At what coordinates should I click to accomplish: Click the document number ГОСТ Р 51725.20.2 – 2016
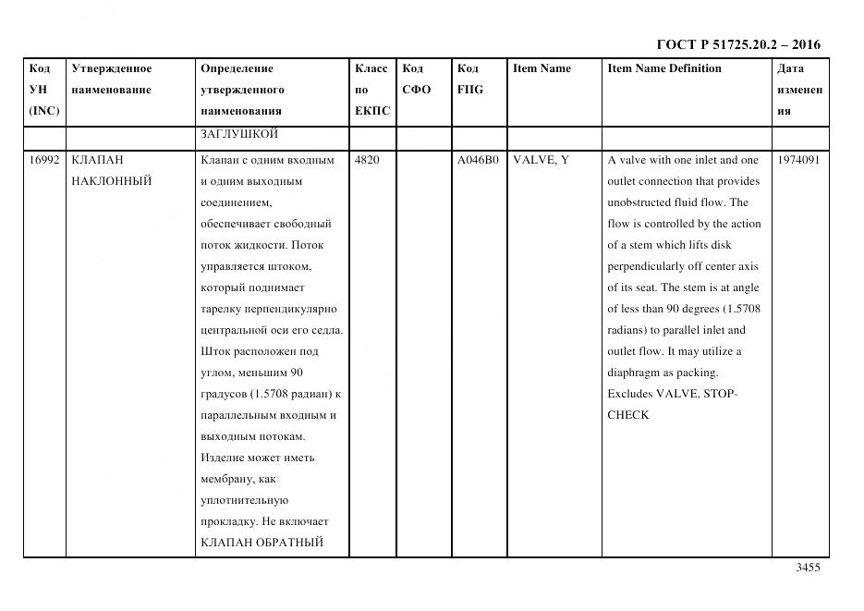click(738, 44)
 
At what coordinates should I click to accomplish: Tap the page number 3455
click(808, 568)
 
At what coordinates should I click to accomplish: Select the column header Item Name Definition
click(664, 68)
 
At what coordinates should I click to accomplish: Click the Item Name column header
click(542, 68)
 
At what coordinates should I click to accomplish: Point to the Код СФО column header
click(417, 79)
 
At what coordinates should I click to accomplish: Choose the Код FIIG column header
click(469, 79)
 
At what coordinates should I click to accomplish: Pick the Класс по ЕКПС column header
click(372, 90)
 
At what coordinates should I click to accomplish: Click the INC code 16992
click(44, 160)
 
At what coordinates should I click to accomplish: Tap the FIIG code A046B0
click(478, 160)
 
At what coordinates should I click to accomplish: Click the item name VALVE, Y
click(541, 160)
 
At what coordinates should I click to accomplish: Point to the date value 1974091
click(798, 160)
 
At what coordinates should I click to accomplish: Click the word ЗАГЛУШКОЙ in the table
click(239, 134)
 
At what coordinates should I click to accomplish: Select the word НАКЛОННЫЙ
click(111, 181)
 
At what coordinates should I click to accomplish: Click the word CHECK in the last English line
click(628, 415)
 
